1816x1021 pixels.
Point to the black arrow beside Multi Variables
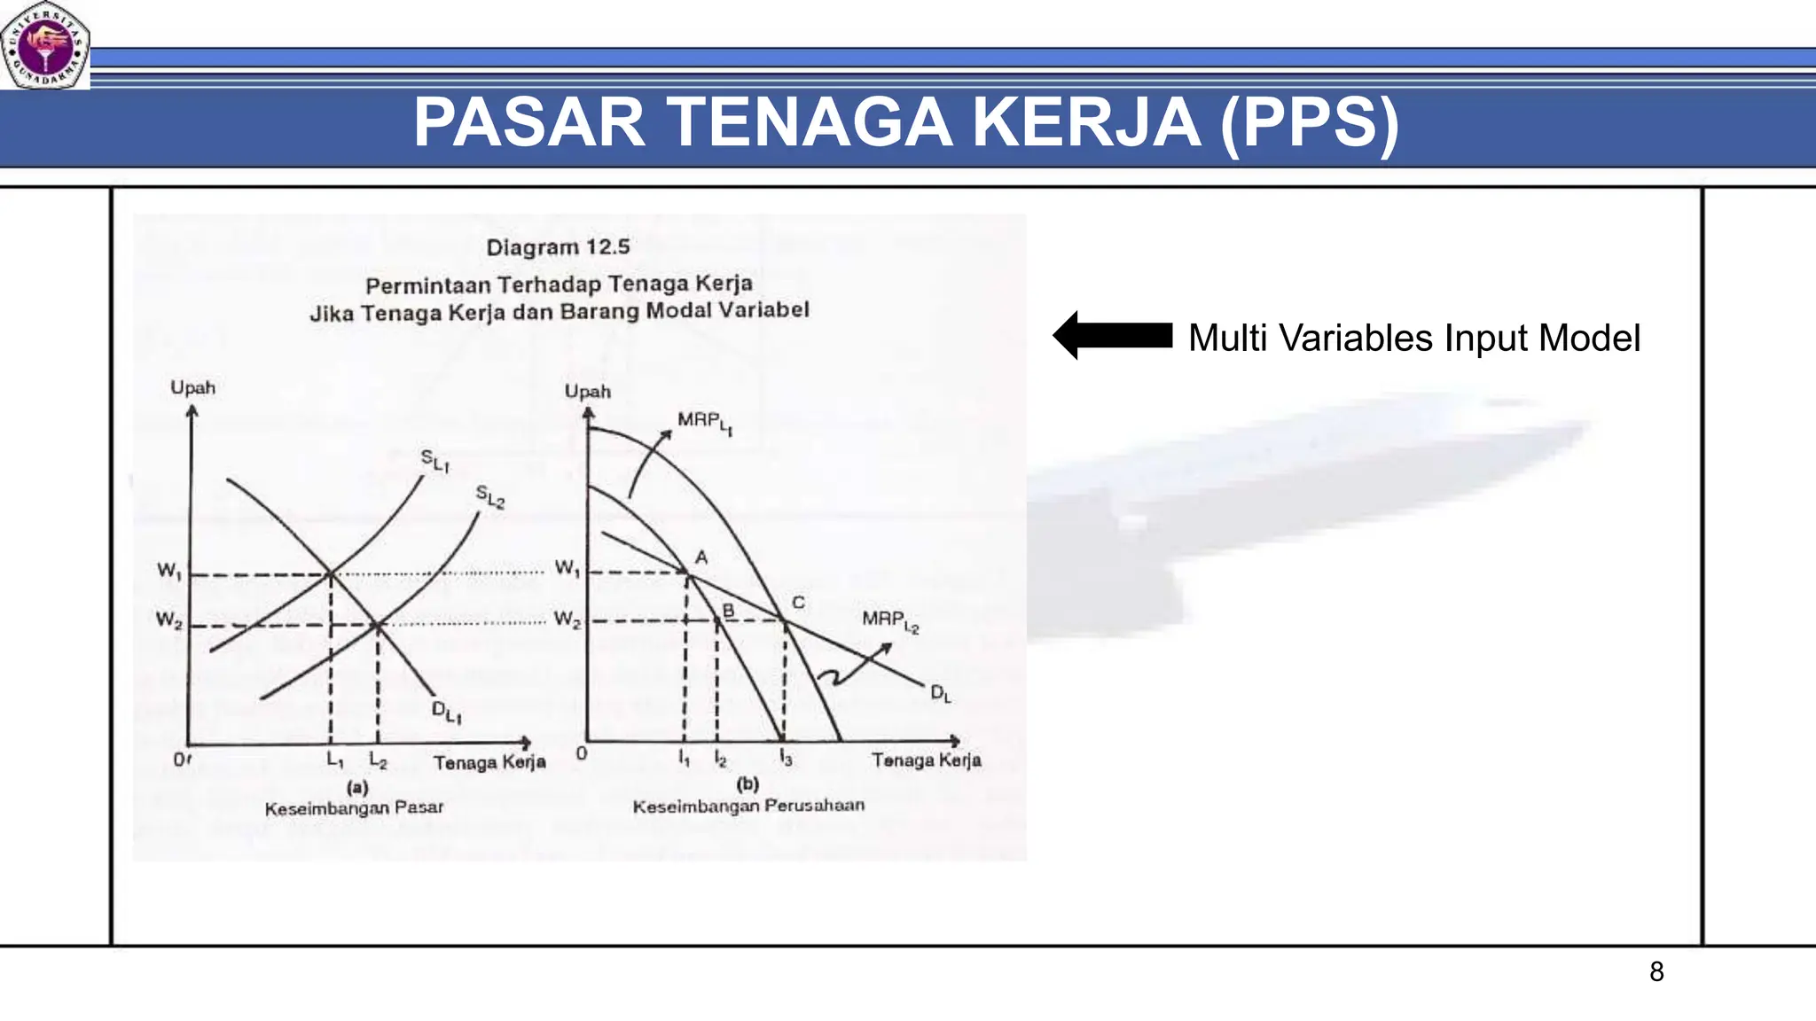[1113, 336]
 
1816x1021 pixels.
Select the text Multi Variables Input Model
[1413, 338]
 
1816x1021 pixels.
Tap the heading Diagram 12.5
[558, 246]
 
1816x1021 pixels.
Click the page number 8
[1656, 972]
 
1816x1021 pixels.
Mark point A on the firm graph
[701, 557]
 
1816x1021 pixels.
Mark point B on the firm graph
[728, 611]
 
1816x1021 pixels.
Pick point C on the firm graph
[797, 603]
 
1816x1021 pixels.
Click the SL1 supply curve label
[434, 459]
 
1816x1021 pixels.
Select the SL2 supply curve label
[489, 496]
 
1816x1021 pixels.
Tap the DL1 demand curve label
[446, 711]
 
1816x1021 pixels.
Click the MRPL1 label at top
[704, 422]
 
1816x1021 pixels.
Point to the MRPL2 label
[889, 620]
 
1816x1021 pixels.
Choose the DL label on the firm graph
[940, 693]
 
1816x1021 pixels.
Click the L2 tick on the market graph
[378, 760]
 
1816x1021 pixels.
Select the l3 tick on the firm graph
[786, 758]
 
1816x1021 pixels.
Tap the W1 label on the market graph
[169, 571]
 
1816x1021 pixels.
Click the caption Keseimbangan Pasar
[354, 807]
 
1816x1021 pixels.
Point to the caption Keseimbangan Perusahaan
[748, 806]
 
